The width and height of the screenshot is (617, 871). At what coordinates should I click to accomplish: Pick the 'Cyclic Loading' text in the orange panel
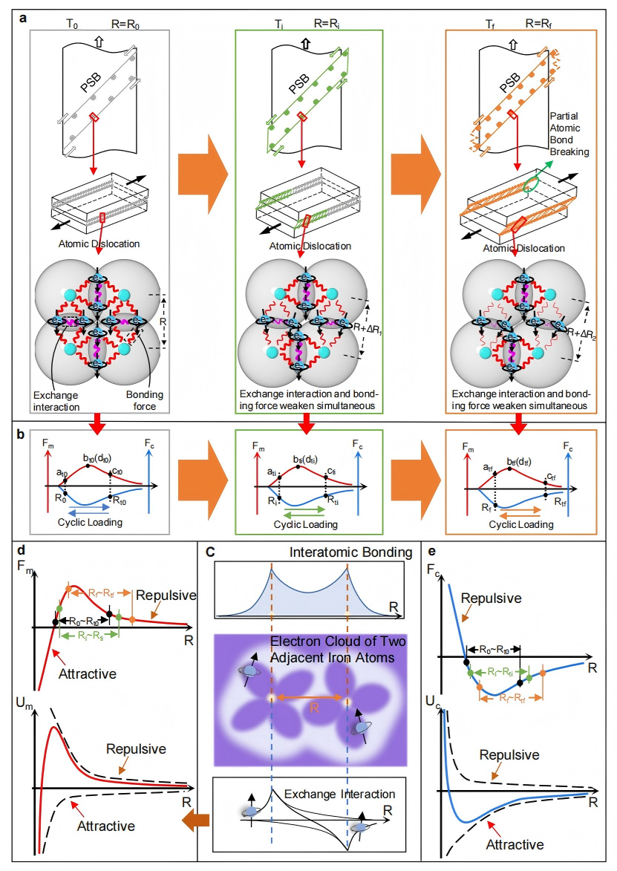pos(521,523)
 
